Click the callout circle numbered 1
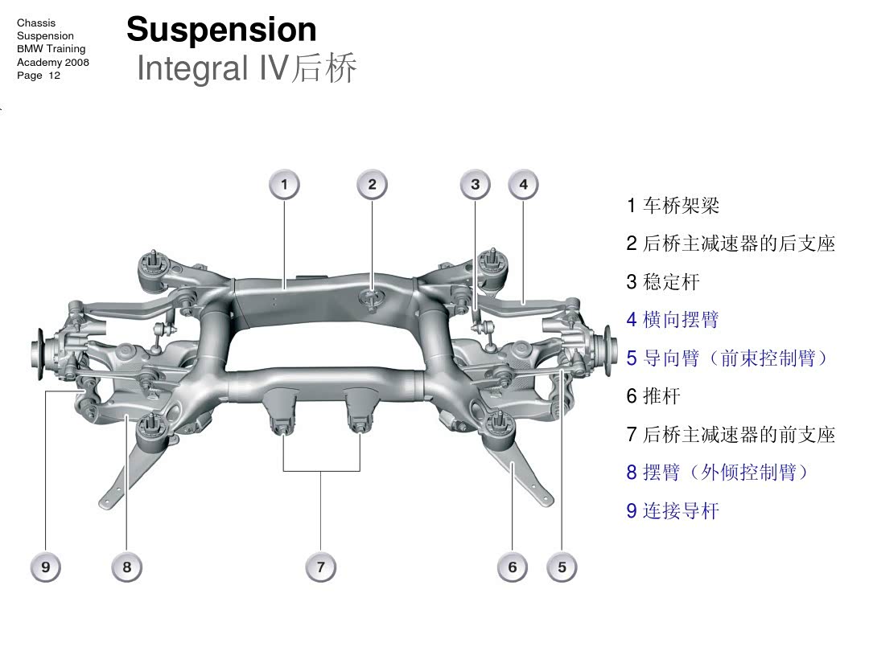pos(284,185)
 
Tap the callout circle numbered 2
pos(372,185)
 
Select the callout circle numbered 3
pos(476,185)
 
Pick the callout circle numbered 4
pos(524,185)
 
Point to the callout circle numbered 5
pos(562,567)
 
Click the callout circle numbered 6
pos(513,567)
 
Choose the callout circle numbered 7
pos(320,567)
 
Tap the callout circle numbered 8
pos(127,567)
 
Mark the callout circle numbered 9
pos(46,567)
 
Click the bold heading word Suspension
pos(221,30)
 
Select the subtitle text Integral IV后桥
pos(246,68)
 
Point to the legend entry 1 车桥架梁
pos(673,206)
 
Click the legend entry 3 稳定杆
pos(663,282)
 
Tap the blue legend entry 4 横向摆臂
pos(673,320)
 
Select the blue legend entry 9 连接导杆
pos(673,511)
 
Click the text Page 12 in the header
pos(39,76)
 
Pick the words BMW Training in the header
pos(51,49)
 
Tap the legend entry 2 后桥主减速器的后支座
pos(731,244)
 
